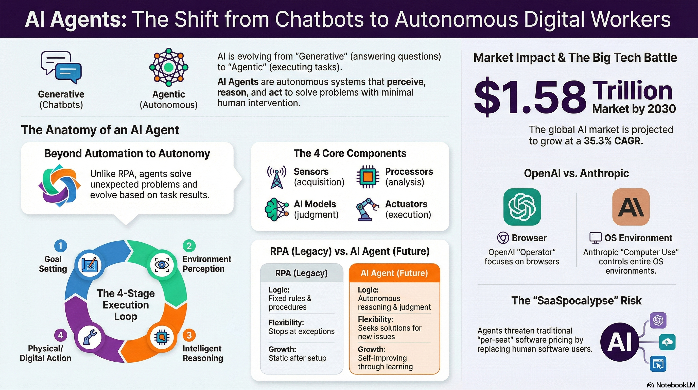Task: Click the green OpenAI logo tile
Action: coord(522,207)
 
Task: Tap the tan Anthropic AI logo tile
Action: coord(631,207)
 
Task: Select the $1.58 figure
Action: coord(530,97)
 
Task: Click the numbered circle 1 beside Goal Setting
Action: coord(60,246)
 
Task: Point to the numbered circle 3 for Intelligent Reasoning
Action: coord(189,335)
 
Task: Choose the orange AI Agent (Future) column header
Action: coord(394,273)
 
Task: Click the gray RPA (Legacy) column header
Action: coord(301,273)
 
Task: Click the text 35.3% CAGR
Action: coord(613,141)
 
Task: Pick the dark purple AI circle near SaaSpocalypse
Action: coord(619,342)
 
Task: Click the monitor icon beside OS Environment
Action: coord(595,238)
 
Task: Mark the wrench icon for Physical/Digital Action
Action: coord(90,337)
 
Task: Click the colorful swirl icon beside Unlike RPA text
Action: coord(59,186)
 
